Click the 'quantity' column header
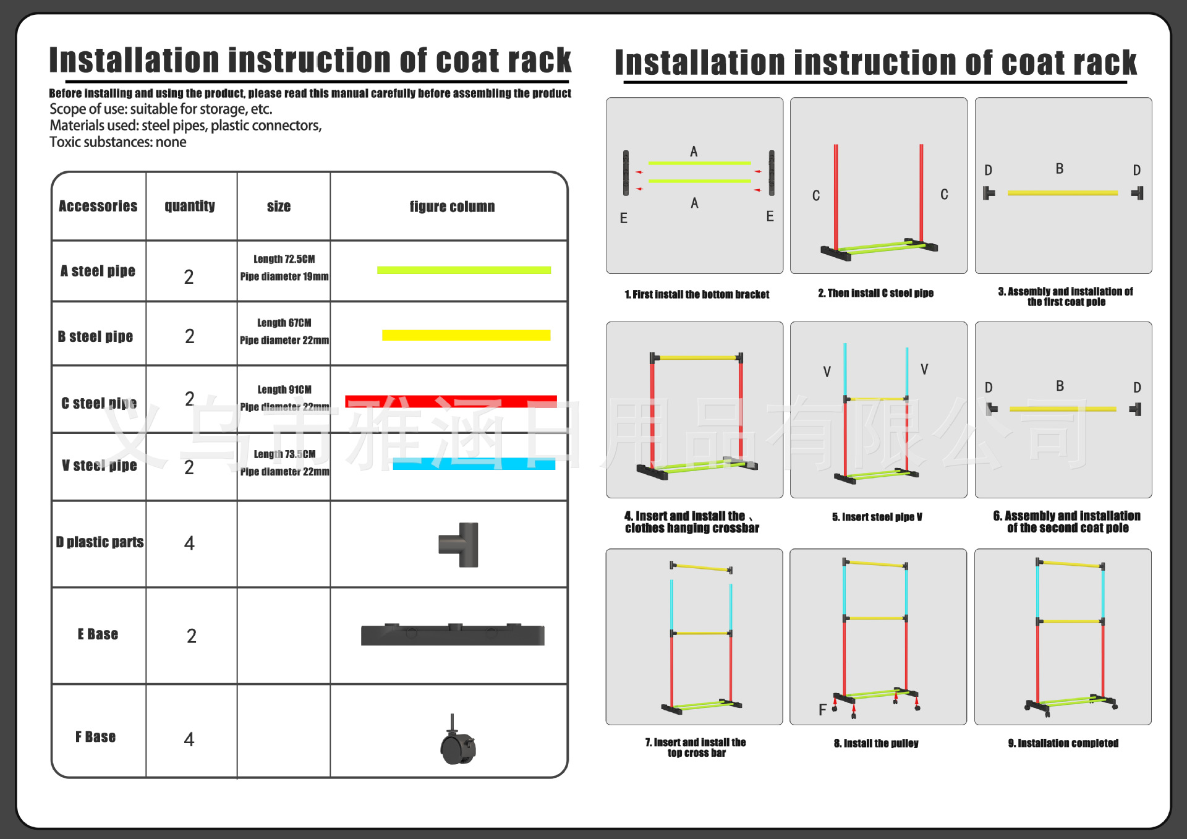pyautogui.click(x=190, y=206)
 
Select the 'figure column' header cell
pyautogui.click(x=452, y=207)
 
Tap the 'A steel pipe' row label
pyautogui.click(x=98, y=271)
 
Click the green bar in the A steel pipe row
pyautogui.click(x=464, y=270)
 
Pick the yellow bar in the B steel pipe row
pyautogui.click(x=466, y=335)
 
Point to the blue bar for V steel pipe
pyautogui.click(x=474, y=464)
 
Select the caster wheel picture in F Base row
pyautogui.click(x=457, y=741)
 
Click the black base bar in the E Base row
pyautogui.click(x=453, y=635)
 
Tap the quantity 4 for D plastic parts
pyautogui.click(x=189, y=543)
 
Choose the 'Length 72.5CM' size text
pyautogui.click(x=284, y=259)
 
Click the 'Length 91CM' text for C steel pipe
pyautogui.click(x=284, y=390)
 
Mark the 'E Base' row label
pyautogui.click(x=98, y=634)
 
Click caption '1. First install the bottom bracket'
pyautogui.click(x=697, y=294)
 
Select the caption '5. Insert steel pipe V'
pyautogui.click(x=877, y=517)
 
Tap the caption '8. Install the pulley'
pyautogui.click(x=876, y=743)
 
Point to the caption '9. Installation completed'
pyautogui.click(x=1063, y=743)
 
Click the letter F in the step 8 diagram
pyautogui.click(x=822, y=710)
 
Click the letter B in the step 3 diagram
pyautogui.click(x=1060, y=169)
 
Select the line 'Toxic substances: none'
pyautogui.click(x=118, y=142)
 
